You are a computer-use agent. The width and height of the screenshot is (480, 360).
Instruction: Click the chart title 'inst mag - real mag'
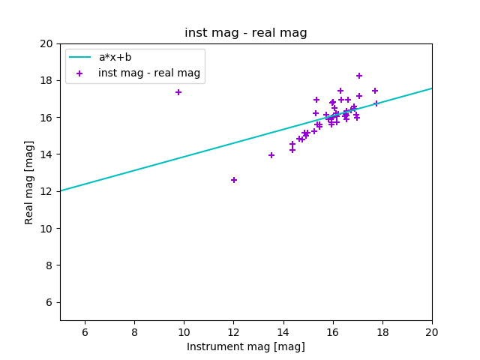pos(246,33)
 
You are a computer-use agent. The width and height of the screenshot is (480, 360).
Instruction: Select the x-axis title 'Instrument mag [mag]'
pos(246,346)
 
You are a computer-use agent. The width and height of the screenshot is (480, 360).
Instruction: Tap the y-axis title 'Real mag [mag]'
pos(29,182)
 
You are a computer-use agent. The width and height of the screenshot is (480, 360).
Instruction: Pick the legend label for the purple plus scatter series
pos(149,73)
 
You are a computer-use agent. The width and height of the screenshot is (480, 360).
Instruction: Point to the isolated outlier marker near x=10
pos(178,92)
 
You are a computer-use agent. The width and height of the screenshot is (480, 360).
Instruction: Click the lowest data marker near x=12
pos(234,180)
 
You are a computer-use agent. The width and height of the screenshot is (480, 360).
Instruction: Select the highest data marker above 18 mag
pos(359,76)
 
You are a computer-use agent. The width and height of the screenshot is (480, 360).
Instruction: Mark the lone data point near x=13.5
pos(271,155)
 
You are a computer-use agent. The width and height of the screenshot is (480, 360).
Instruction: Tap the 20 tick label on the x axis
pos(432,332)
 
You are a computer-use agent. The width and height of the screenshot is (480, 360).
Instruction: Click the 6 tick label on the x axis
pos(85,332)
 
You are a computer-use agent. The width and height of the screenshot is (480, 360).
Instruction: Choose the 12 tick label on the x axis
pos(233,332)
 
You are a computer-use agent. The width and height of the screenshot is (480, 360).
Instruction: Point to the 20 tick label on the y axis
pos(46,43)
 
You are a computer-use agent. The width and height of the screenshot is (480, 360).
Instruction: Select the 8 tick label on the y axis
pos(49,265)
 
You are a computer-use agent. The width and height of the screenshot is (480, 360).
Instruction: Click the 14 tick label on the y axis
pos(46,154)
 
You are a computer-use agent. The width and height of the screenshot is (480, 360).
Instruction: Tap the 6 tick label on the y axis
pos(49,302)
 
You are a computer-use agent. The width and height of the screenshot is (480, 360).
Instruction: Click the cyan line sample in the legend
pos(79,58)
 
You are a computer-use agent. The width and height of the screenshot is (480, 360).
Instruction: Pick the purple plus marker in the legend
pos(79,73)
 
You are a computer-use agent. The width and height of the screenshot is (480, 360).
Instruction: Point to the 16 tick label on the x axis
pos(333,332)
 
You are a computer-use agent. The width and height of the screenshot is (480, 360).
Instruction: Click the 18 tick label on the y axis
pos(46,80)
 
